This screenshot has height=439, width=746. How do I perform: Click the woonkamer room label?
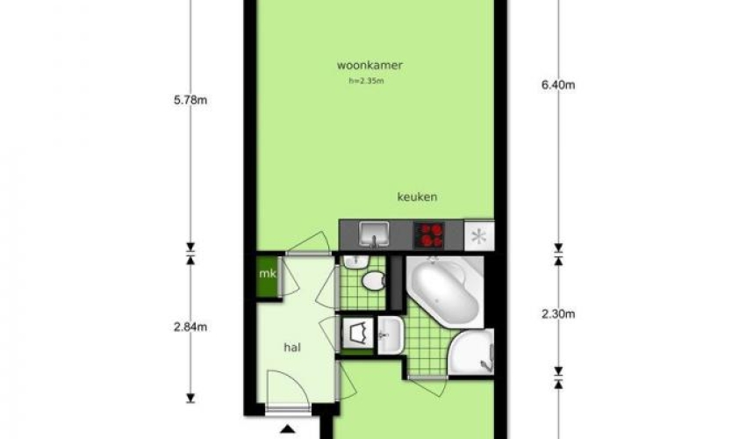[x=369, y=65]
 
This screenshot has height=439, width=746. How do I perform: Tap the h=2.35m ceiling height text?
[x=366, y=81]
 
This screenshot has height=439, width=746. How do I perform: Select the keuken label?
[x=417, y=197]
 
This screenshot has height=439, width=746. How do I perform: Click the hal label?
[x=292, y=348]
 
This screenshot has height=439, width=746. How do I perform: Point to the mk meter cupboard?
[x=268, y=277]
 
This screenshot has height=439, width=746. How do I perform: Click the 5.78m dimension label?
[x=190, y=100]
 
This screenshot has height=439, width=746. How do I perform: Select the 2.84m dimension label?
[x=190, y=327]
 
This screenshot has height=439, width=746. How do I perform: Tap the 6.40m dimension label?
[x=558, y=85]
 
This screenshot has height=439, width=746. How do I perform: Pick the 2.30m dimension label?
[x=558, y=314]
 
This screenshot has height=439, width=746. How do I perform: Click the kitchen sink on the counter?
[x=374, y=234]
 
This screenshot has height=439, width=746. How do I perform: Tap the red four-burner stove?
[x=429, y=234]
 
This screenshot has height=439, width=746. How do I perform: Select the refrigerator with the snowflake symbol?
[x=478, y=234]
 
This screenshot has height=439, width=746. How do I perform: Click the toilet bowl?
[x=374, y=281]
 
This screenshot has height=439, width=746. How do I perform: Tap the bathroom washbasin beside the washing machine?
[x=391, y=335]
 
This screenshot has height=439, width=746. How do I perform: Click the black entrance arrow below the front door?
[x=287, y=429]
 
